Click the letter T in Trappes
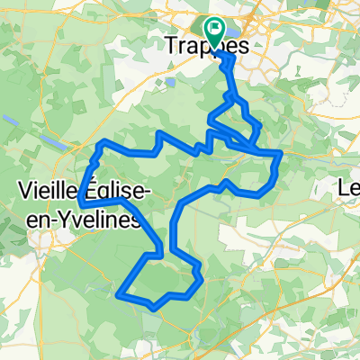point(173,42)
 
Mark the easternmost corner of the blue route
point(281,155)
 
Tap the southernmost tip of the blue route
point(155,308)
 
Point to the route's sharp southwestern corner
point(119,291)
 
